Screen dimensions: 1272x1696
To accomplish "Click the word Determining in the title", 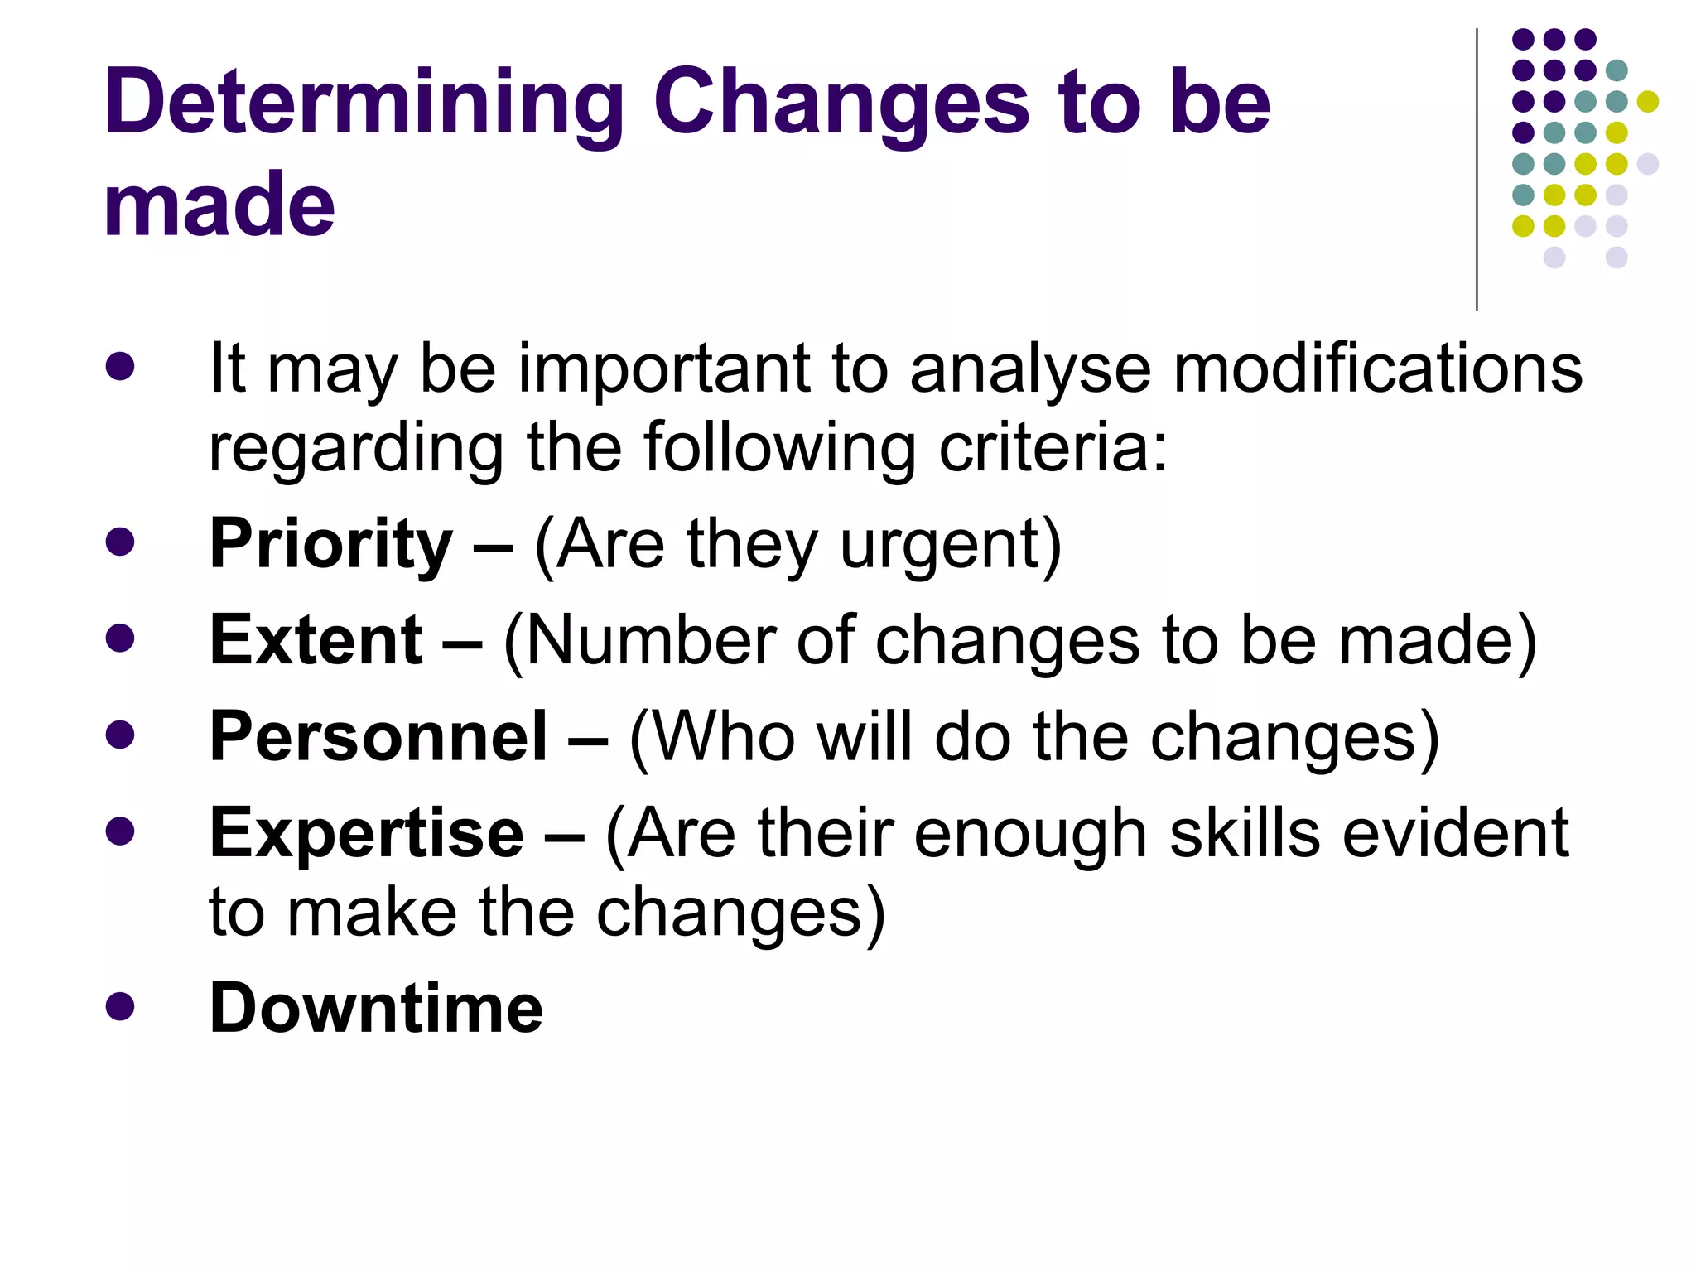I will pyautogui.click(x=364, y=103).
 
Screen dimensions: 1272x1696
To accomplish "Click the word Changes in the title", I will pyautogui.click(x=841, y=103).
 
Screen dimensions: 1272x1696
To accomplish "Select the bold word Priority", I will pyautogui.click(x=330, y=544).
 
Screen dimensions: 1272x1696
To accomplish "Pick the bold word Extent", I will pyautogui.click(x=316, y=640).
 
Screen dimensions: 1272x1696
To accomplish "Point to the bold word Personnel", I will pyautogui.click(x=378, y=736).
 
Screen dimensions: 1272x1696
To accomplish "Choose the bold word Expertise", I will pyautogui.click(x=366, y=833).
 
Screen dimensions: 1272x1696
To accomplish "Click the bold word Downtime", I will pyautogui.click(x=376, y=1008).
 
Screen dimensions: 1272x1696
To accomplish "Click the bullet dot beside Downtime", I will pyautogui.click(x=120, y=1006).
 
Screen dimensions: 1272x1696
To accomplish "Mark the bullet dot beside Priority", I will pyautogui.click(x=120, y=542).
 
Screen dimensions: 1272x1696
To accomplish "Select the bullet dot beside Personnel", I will pyautogui.click(x=120, y=735).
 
